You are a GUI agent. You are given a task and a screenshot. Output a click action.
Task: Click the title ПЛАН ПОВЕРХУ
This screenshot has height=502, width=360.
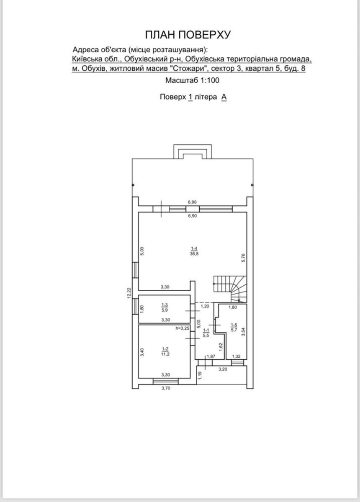tap(188, 35)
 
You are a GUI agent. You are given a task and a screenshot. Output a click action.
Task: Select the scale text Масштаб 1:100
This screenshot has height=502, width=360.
tap(192, 80)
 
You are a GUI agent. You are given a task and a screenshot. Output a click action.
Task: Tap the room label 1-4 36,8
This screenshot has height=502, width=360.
tap(194, 251)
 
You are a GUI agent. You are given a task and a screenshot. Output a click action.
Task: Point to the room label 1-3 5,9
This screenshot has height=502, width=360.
tap(165, 308)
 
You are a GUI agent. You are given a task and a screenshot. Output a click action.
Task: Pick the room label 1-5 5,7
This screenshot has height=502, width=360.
tap(234, 328)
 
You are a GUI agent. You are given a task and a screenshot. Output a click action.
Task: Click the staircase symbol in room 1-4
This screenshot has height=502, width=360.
tap(230, 289)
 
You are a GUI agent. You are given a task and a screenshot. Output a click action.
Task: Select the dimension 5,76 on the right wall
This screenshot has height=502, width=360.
tap(244, 258)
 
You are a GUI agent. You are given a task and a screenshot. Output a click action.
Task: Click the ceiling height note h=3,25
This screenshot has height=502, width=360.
tap(183, 328)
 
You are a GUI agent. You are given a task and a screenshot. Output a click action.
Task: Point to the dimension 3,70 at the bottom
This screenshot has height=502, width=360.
tap(166, 388)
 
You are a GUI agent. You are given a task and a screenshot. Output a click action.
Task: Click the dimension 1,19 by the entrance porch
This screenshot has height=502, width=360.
tap(200, 375)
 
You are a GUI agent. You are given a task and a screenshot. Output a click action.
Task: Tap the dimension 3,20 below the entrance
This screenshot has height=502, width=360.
tap(223, 369)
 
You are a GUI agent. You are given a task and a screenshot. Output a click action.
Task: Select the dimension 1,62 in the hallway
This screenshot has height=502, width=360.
tap(221, 347)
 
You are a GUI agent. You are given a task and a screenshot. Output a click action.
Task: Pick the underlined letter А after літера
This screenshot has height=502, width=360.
tap(224, 97)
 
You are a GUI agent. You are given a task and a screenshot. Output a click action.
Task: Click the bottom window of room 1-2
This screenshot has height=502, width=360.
tap(166, 381)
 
